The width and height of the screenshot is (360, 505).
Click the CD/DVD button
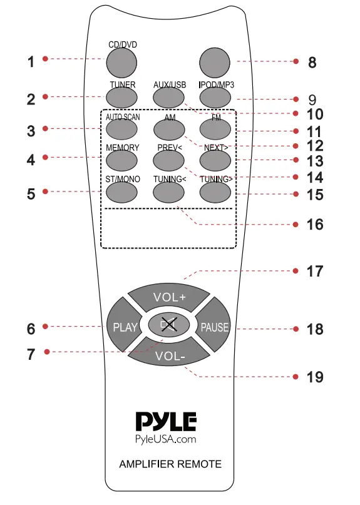coord(120,61)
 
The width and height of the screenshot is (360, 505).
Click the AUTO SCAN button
coord(120,129)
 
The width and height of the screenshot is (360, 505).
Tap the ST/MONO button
coord(120,192)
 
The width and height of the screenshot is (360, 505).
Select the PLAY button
coord(120,327)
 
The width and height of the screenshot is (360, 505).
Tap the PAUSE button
coord(215,327)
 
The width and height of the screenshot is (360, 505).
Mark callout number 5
coord(31,193)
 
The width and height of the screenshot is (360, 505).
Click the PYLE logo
coord(166,421)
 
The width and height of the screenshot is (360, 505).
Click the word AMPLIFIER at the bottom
coord(145,464)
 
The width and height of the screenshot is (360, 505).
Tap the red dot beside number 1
coord(46,59)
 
